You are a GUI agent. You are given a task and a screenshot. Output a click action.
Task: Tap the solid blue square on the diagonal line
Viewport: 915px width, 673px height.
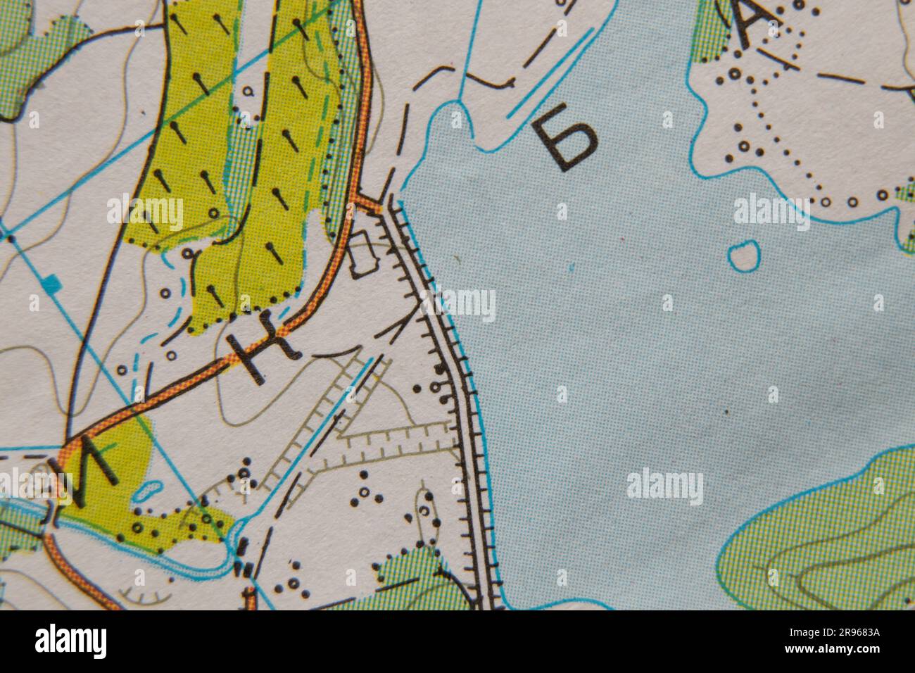tap(50, 284)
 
